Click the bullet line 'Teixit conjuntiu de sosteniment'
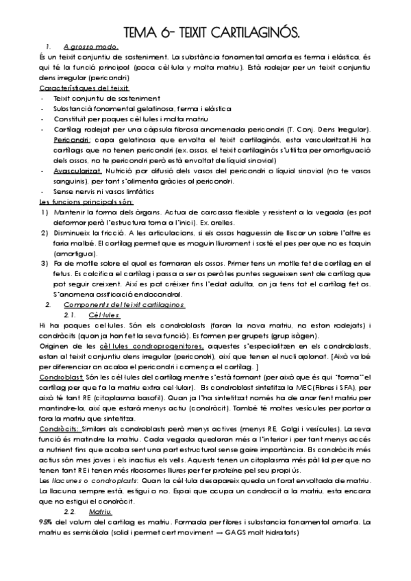[97, 99]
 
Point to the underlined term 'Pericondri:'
[72, 139]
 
